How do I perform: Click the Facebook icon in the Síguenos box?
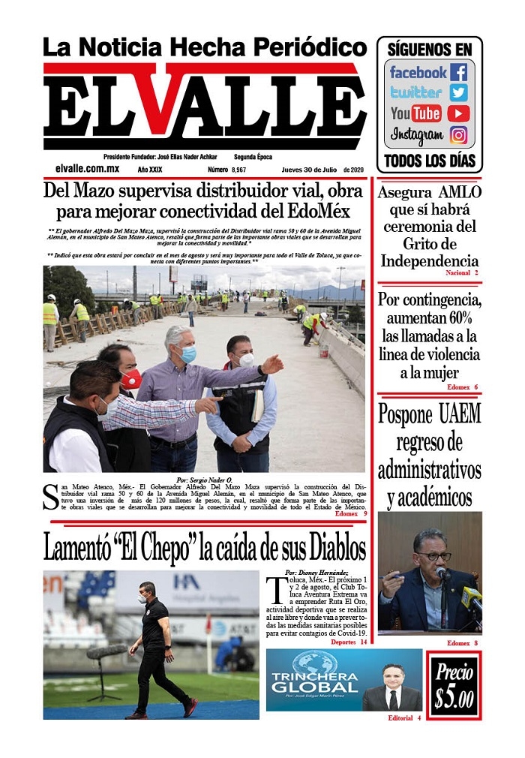[458, 72]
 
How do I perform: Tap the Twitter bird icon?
[458, 92]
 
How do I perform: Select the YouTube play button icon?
[458, 113]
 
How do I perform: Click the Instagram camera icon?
[458, 135]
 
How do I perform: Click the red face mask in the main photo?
[131, 379]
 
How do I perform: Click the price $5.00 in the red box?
[454, 687]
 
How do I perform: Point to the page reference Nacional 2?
[461, 272]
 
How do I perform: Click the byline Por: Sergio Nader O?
[203, 480]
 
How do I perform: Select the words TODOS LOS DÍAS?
[429, 161]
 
